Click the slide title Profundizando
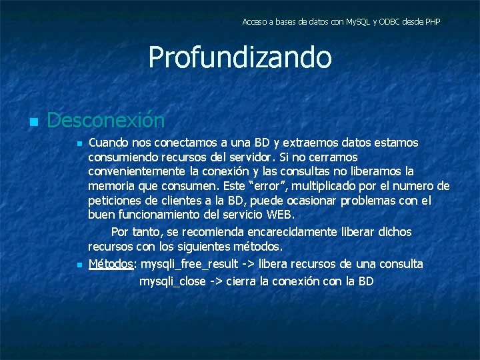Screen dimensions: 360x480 [x=240, y=57]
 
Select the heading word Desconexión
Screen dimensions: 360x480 [x=106, y=121]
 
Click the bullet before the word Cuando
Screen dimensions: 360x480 [x=79, y=144]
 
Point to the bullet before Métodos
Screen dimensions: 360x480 [x=79, y=265]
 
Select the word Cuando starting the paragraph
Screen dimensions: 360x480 [x=109, y=143]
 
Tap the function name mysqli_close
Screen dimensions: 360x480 [x=173, y=281]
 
